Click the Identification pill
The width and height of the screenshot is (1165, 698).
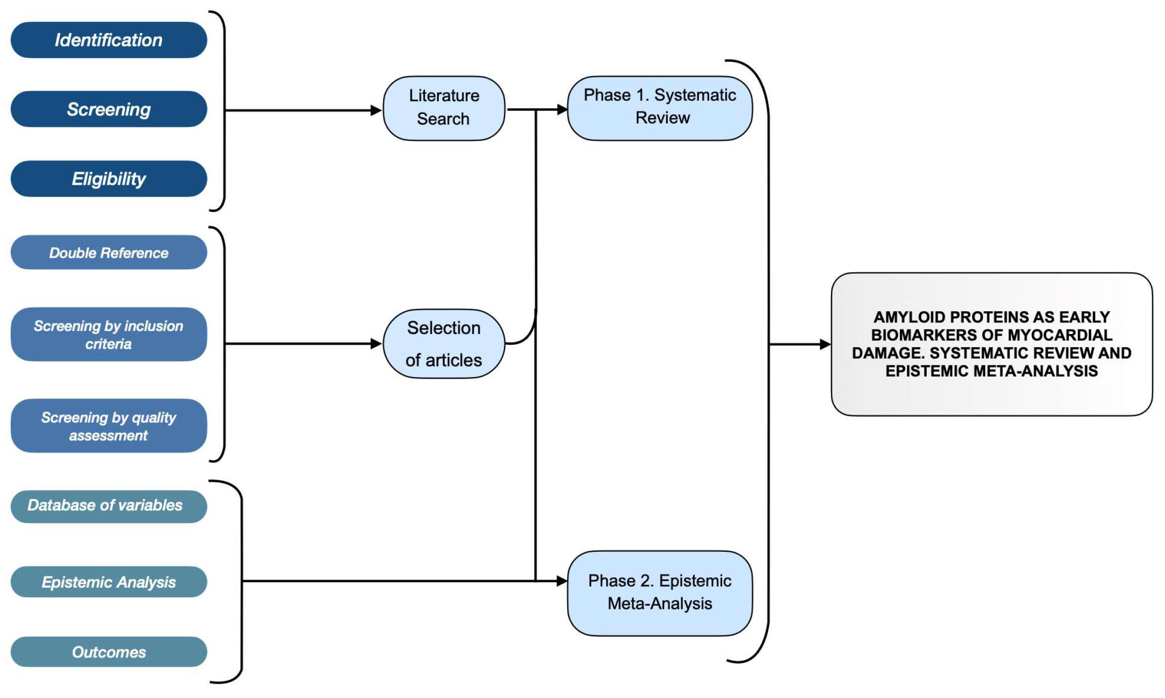109,40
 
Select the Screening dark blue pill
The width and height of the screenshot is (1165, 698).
109,109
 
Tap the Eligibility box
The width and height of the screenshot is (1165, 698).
109,179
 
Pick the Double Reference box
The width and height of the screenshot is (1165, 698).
109,252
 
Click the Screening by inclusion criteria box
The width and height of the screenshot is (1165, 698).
109,334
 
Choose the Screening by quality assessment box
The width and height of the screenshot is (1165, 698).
109,426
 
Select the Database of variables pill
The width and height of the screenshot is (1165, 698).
109,506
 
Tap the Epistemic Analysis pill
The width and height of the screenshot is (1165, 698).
109,582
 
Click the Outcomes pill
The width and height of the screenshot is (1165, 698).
109,652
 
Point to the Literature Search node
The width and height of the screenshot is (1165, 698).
444,108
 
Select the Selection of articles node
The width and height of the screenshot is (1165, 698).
444,344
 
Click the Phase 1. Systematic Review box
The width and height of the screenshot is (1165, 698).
660,108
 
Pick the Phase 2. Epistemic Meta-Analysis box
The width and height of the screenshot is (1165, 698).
660,593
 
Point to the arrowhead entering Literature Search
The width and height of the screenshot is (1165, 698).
377,110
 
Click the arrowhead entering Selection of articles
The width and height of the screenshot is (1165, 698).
377,344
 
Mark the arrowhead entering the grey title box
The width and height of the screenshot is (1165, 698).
825,344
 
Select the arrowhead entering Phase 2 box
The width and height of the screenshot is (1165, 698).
562,581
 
